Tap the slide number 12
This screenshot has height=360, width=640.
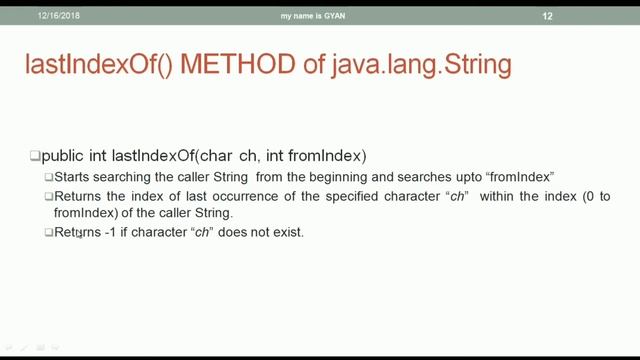[547, 16]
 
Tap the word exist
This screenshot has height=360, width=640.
[285, 233]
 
